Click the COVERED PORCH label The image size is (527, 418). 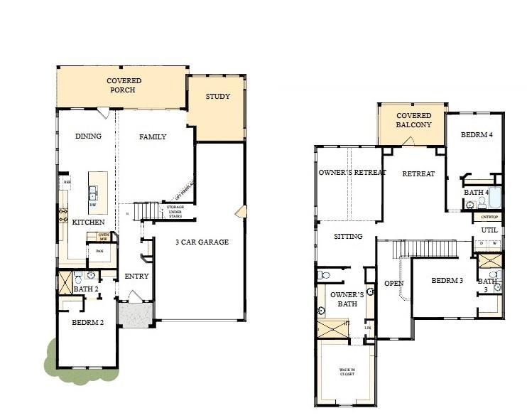pyautogui.click(x=124, y=86)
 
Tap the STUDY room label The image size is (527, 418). pyautogui.click(x=217, y=97)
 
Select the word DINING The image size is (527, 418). pyautogui.click(x=88, y=136)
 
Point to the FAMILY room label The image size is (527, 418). pyautogui.click(x=153, y=137)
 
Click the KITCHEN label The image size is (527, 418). pyautogui.click(x=89, y=223)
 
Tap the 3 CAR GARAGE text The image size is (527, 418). pyautogui.click(x=202, y=242)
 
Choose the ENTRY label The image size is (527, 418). pyautogui.click(x=136, y=277)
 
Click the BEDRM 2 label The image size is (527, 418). pyautogui.click(x=88, y=322)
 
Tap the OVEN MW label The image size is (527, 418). pyautogui.click(x=104, y=237)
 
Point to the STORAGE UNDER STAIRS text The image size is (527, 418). pyautogui.click(x=175, y=212)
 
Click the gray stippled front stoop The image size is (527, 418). pyautogui.click(x=135, y=313)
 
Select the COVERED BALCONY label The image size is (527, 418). pyautogui.click(x=413, y=120)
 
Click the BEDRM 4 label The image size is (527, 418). pyautogui.click(x=477, y=135)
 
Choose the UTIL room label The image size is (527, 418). pyautogui.click(x=489, y=230)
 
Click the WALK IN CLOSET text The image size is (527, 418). pyautogui.click(x=346, y=372)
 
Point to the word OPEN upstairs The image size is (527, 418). pyautogui.click(x=394, y=283)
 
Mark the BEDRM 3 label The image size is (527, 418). pyautogui.click(x=447, y=281)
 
